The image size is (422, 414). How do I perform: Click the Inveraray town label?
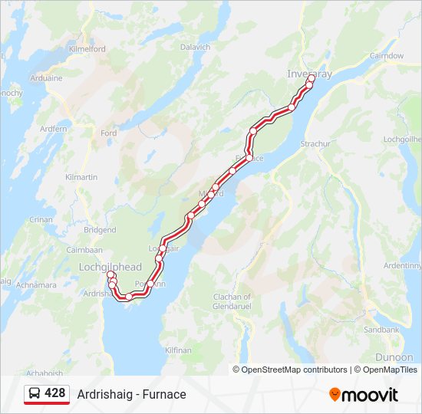click(x=309, y=74)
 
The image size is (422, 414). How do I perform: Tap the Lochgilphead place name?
click(x=110, y=267)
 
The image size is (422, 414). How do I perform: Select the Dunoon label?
click(x=394, y=357)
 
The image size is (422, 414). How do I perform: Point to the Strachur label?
click(x=315, y=143)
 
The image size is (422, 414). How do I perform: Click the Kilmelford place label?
click(x=87, y=48)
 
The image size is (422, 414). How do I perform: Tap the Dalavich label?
click(x=195, y=47)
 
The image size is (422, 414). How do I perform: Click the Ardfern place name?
click(x=54, y=129)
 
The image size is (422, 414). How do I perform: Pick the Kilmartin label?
click(x=81, y=177)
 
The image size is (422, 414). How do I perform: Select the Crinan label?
click(x=41, y=219)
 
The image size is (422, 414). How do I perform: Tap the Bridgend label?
click(x=100, y=230)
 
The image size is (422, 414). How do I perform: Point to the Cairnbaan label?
click(x=84, y=250)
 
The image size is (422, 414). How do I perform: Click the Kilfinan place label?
click(x=178, y=350)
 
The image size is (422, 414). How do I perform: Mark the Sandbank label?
click(x=381, y=330)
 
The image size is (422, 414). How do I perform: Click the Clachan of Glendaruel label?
click(x=232, y=301)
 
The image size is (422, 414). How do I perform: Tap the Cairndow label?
click(x=387, y=56)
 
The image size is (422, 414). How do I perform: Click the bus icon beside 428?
click(x=35, y=394)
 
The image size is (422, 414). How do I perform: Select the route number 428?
click(x=55, y=393)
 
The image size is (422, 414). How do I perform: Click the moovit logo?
click(x=364, y=395)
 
